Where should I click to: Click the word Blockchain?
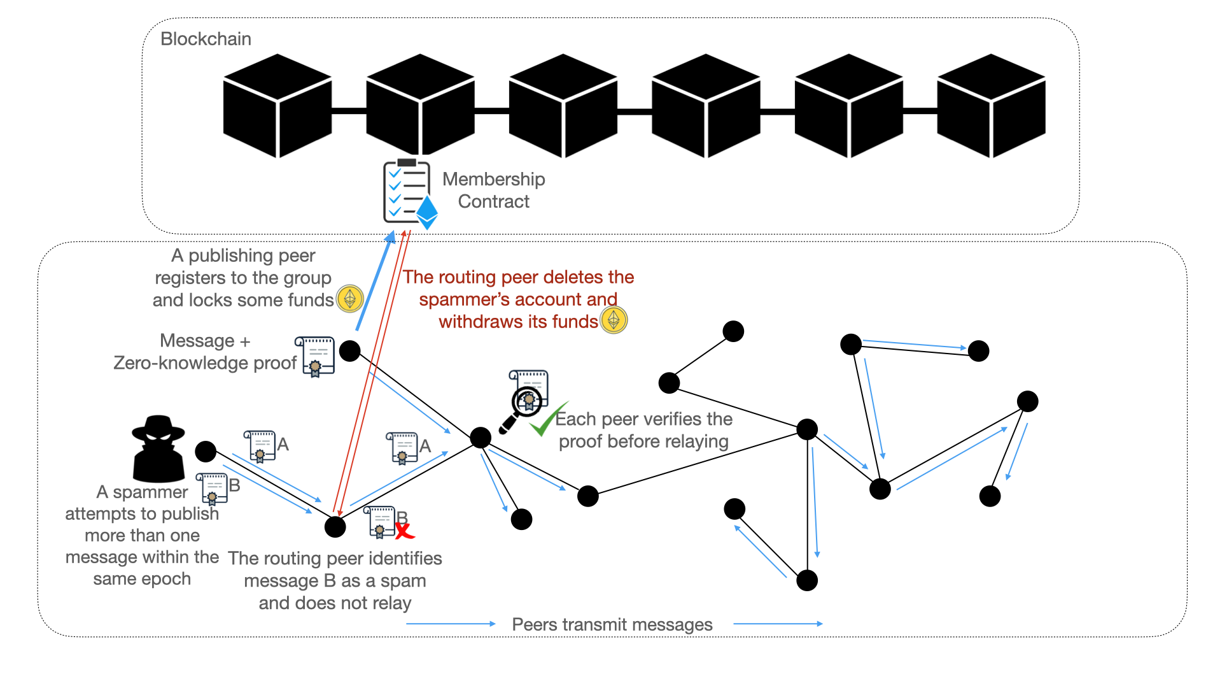206,39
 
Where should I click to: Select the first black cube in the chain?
277,106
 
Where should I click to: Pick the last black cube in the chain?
991,106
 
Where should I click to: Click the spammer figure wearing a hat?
158,449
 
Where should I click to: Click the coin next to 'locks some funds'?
349,298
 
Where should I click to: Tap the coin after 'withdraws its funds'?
614,320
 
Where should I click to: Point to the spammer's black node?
206,451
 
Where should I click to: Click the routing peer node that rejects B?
335,527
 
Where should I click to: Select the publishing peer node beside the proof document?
350,350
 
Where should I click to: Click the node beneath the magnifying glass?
481,438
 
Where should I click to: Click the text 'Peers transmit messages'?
612,624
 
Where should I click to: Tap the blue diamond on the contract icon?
426,212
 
